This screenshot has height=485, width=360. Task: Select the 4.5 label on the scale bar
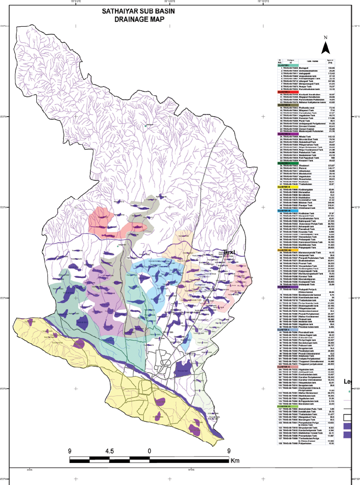pyautogui.click(x=109, y=451)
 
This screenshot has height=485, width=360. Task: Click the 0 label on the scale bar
pyautogui.click(x=149, y=451)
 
